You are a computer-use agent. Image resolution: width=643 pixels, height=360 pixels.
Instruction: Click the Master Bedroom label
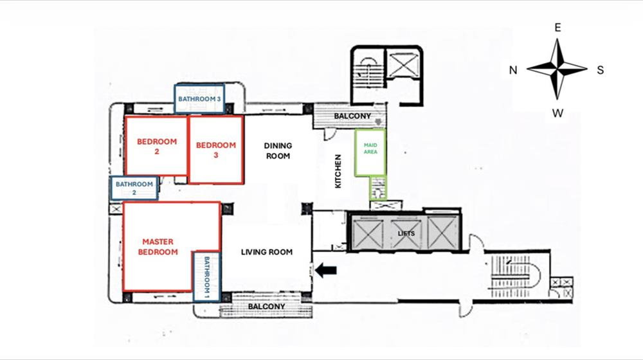(158, 247)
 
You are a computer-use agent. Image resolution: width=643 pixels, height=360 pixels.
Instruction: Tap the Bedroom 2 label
(157, 147)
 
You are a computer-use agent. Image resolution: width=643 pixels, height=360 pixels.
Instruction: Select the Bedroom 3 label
(215, 150)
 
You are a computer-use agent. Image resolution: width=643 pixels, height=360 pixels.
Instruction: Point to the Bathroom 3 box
(199, 98)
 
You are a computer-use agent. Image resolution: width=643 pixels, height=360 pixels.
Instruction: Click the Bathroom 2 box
(134, 188)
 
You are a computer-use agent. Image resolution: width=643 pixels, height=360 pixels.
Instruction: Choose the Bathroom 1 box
(206, 277)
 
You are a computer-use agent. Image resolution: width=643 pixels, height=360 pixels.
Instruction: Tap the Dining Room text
(278, 151)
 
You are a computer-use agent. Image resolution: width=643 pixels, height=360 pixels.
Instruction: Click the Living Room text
(267, 252)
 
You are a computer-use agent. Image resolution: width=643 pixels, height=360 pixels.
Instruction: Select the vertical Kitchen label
(338, 172)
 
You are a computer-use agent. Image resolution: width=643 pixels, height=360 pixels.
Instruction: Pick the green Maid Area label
(370, 148)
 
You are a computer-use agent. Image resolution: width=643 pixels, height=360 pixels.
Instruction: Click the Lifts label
(406, 234)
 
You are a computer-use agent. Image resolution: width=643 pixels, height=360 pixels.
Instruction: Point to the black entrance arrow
(326, 270)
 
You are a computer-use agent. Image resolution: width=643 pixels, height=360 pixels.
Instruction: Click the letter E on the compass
(557, 28)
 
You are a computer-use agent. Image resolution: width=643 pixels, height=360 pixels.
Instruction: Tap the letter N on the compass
(513, 70)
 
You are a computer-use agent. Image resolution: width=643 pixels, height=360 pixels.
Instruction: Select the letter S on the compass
(601, 70)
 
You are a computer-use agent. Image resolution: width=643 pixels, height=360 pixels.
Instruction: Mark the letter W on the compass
(557, 113)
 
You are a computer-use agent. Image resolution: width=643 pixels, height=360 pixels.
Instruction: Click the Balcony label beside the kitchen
(352, 116)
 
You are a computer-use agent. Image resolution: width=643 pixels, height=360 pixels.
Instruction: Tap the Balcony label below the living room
(267, 307)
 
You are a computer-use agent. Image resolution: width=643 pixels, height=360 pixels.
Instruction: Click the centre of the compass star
(557, 69)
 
